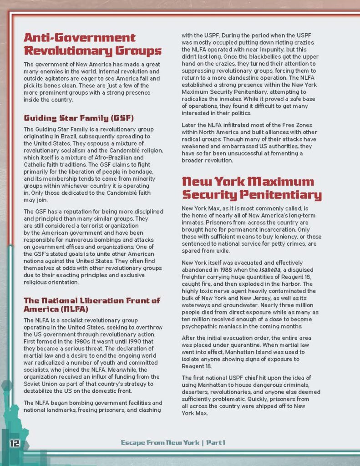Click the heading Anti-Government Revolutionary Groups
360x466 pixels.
[92, 44]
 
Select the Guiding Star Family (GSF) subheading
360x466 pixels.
[79, 118]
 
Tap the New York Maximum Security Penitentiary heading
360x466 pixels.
[252, 188]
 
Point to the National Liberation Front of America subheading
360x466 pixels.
[92, 304]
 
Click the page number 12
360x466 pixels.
[14, 443]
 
